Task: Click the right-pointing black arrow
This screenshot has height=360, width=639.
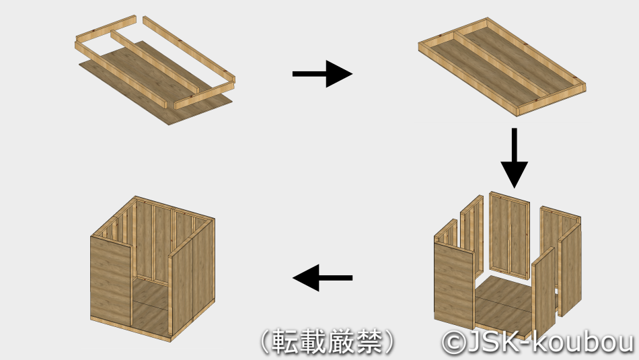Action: (322, 74)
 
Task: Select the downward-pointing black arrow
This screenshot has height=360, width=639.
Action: (515, 158)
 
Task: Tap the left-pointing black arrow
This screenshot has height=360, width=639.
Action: (322, 278)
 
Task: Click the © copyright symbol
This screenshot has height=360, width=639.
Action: (454, 342)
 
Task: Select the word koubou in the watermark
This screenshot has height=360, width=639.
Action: (583, 342)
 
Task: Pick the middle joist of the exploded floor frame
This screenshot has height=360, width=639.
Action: (155, 63)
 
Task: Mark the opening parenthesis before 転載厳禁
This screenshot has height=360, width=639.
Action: (265, 342)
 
